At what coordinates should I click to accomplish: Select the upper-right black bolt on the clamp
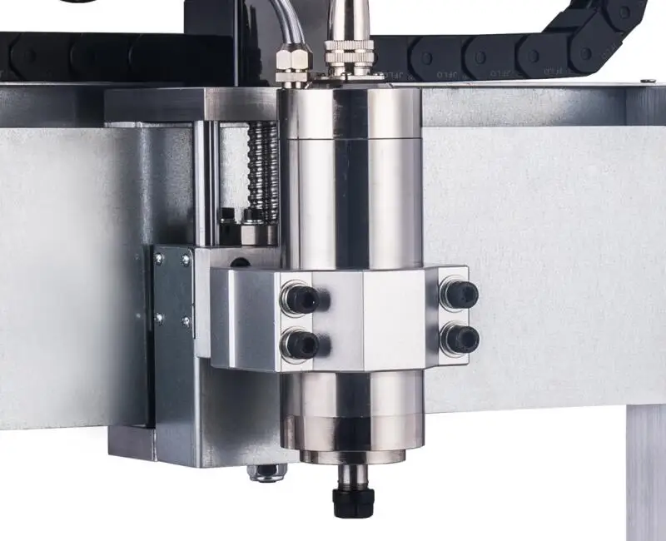click(x=460, y=293)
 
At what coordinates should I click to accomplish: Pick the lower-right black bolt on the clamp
click(x=460, y=337)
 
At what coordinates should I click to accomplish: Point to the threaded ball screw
click(x=263, y=171)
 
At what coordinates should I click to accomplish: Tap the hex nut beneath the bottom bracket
click(x=266, y=473)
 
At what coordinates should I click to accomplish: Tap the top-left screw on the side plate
click(x=159, y=260)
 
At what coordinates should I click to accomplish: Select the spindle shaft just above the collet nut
click(x=353, y=475)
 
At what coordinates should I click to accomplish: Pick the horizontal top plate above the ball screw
click(x=191, y=105)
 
